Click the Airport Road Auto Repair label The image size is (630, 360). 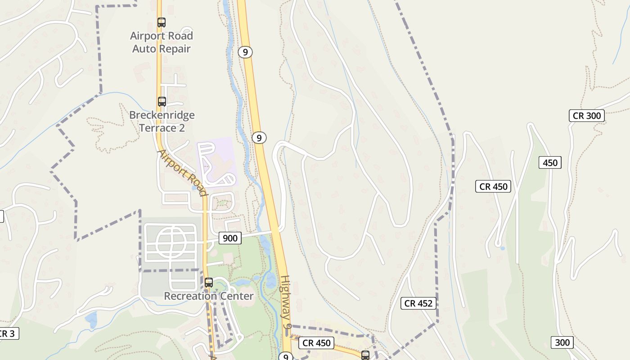[x=162, y=42]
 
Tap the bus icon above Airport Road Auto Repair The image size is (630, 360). [x=162, y=22]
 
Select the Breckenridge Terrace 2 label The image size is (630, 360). [x=162, y=121]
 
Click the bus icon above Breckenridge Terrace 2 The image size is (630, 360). [x=162, y=102]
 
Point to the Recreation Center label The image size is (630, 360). [x=209, y=296]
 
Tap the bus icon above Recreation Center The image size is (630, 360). [x=209, y=283]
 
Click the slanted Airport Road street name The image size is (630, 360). [x=182, y=173]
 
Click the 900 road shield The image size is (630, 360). [x=229, y=238]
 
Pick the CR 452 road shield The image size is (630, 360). [x=418, y=303]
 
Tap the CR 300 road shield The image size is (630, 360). [x=587, y=116]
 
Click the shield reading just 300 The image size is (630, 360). [x=562, y=342]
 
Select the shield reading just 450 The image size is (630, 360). [x=550, y=162]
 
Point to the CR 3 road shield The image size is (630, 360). [x=8, y=333]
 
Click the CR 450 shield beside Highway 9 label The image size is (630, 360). [x=317, y=343]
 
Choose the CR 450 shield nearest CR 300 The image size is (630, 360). [x=493, y=186]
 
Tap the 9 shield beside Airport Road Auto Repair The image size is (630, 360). [x=245, y=52]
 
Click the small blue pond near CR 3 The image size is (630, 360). [x=91, y=319]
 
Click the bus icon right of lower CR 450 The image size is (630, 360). [x=365, y=355]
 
